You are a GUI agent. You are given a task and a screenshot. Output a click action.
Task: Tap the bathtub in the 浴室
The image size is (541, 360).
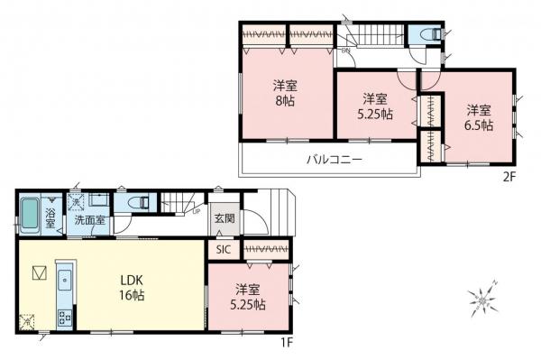pyautogui.click(x=30, y=215)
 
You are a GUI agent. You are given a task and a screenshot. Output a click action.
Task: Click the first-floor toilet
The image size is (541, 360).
pyautogui.click(x=128, y=205)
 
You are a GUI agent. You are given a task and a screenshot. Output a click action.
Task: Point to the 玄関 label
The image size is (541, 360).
pyautogui.click(x=225, y=218)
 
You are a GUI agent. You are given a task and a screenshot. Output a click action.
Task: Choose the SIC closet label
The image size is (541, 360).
pyautogui.click(x=224, y=249)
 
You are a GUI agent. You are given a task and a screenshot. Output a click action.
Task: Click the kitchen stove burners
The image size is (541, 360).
pyautogui.click(x=64, y=318)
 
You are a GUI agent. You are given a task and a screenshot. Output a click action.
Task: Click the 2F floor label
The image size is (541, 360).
pyautogui.click(x=509, y=177)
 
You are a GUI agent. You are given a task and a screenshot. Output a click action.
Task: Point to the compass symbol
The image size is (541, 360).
pyautogui.click(x=485, y=300)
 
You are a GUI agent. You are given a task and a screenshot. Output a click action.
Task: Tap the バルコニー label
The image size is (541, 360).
pyautogui.click(x=333, y=160)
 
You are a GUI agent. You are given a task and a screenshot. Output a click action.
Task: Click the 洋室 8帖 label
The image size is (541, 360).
pyautogui.click(x=286, y=94)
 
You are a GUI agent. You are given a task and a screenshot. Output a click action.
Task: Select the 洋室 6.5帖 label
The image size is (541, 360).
pyautogui.click(x=479, y=118)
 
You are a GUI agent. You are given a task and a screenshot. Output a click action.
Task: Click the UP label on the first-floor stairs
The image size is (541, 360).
pyautogui.click(x=197, y=212)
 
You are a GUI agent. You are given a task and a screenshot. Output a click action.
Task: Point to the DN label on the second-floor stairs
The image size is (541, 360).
pyautogui.click(x=345, y=51)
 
